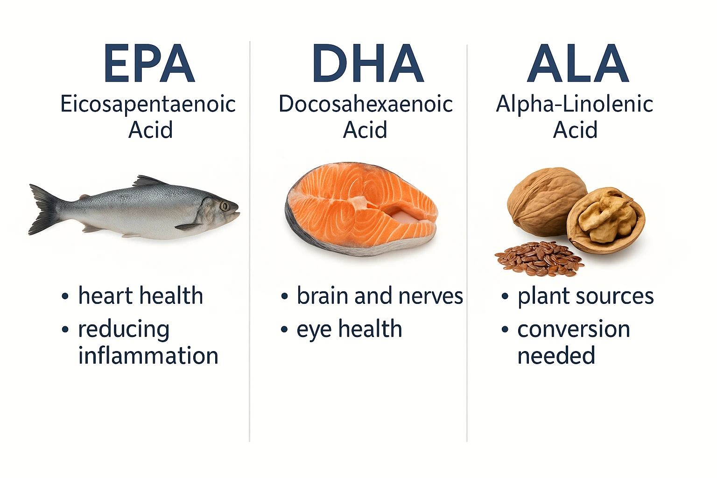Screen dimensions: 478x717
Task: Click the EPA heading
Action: click(148, 63)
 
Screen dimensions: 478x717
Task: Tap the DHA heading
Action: click(367, 63)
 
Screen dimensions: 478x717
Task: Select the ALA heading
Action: click(578, 63)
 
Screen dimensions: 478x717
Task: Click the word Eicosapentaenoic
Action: click(148, 105)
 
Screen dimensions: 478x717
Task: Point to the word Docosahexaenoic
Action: click(366, 105)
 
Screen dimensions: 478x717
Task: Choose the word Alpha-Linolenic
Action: click(574, 105)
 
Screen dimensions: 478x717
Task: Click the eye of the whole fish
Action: click(225, 206)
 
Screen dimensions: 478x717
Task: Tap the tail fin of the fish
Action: click(43, 210)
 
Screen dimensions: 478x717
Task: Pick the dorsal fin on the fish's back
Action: click(148, 181)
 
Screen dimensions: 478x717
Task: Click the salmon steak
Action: click(360, 208)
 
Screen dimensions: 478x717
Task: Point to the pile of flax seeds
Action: click(539, 258)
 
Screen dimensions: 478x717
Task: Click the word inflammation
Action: click(148, 356)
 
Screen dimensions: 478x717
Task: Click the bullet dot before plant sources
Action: click(505, 296)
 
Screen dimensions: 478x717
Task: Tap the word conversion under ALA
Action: click(573, 330)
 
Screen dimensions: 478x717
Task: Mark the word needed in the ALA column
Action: click(556, 356)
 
